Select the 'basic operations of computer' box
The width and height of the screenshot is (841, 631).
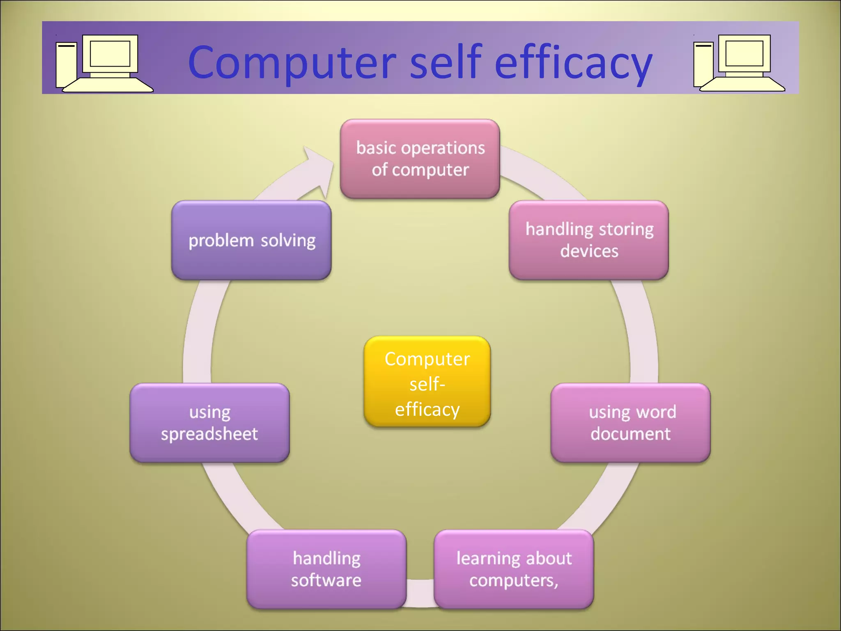coord(420,159)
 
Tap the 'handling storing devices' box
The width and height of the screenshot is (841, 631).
coord(589,240)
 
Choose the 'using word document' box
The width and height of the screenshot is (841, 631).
coord(630,423)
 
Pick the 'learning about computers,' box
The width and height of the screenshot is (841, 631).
coord(514,569)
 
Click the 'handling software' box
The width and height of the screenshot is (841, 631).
coord(326,569)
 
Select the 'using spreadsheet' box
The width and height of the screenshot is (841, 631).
coord(209,423)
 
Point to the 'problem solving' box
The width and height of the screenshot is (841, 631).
coord(251,240)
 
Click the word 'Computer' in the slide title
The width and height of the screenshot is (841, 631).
coord(292,62)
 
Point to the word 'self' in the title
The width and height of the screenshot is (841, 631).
coord(445,62)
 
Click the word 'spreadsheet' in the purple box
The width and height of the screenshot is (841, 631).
coord(209,434)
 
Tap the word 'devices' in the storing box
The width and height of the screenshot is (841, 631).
coord(589,251)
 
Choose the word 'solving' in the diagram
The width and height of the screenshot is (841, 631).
coord(288,240)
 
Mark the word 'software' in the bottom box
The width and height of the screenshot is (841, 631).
coord(326,580)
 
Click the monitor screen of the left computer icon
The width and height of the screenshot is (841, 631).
coord(110,53)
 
